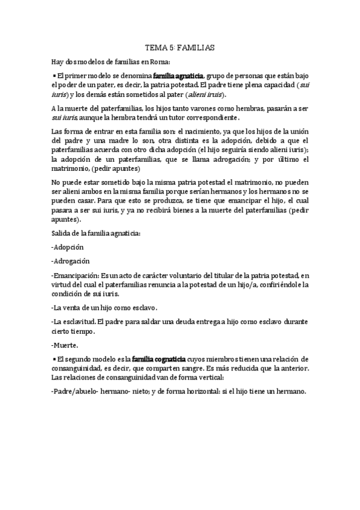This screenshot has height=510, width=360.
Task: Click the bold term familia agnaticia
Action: (178, 76)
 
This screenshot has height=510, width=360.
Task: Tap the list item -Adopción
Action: (67, 247)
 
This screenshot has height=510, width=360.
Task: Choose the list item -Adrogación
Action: (71, 261)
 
